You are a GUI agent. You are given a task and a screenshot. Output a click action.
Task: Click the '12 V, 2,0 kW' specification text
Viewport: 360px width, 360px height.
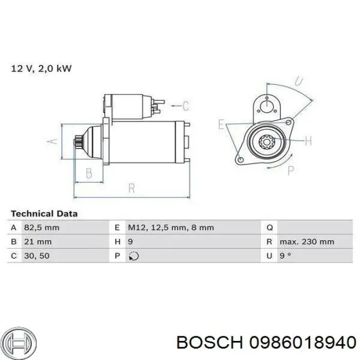41,68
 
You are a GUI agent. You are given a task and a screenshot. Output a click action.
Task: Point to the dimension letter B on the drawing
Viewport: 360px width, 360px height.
88,173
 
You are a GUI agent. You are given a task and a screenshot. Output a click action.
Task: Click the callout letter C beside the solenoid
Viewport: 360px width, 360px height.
186,106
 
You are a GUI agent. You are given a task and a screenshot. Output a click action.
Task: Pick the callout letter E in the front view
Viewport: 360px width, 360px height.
221,124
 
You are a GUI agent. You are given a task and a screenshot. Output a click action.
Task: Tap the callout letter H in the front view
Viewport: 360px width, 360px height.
308,141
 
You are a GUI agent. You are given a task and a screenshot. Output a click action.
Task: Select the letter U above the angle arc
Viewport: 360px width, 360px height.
299,82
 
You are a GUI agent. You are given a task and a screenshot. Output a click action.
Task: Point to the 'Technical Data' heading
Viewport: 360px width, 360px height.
44,213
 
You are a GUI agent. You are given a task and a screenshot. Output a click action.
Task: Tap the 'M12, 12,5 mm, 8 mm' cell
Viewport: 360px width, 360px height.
170,227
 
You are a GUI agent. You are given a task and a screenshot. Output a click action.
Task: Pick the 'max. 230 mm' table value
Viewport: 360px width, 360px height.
307,241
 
